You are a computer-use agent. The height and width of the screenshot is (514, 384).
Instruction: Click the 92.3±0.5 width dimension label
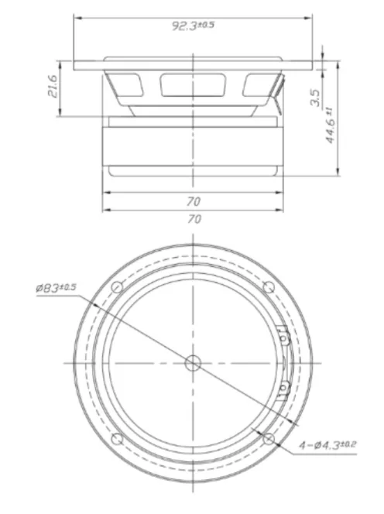coord(193,25)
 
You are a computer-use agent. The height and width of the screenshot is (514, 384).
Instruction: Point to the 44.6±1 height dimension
coord(330,124)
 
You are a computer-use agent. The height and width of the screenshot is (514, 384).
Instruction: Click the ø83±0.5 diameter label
coord(57,289)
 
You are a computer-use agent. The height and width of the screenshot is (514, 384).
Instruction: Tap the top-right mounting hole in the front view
coord(268,287)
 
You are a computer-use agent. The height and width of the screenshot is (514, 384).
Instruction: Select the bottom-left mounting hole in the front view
coord(117,439)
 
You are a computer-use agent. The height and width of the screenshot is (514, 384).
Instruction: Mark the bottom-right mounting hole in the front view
coord(268,439)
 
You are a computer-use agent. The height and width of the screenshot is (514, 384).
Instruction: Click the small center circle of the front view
coord(193,362)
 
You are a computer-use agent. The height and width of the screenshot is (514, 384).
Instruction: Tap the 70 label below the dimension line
coord(194,219)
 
